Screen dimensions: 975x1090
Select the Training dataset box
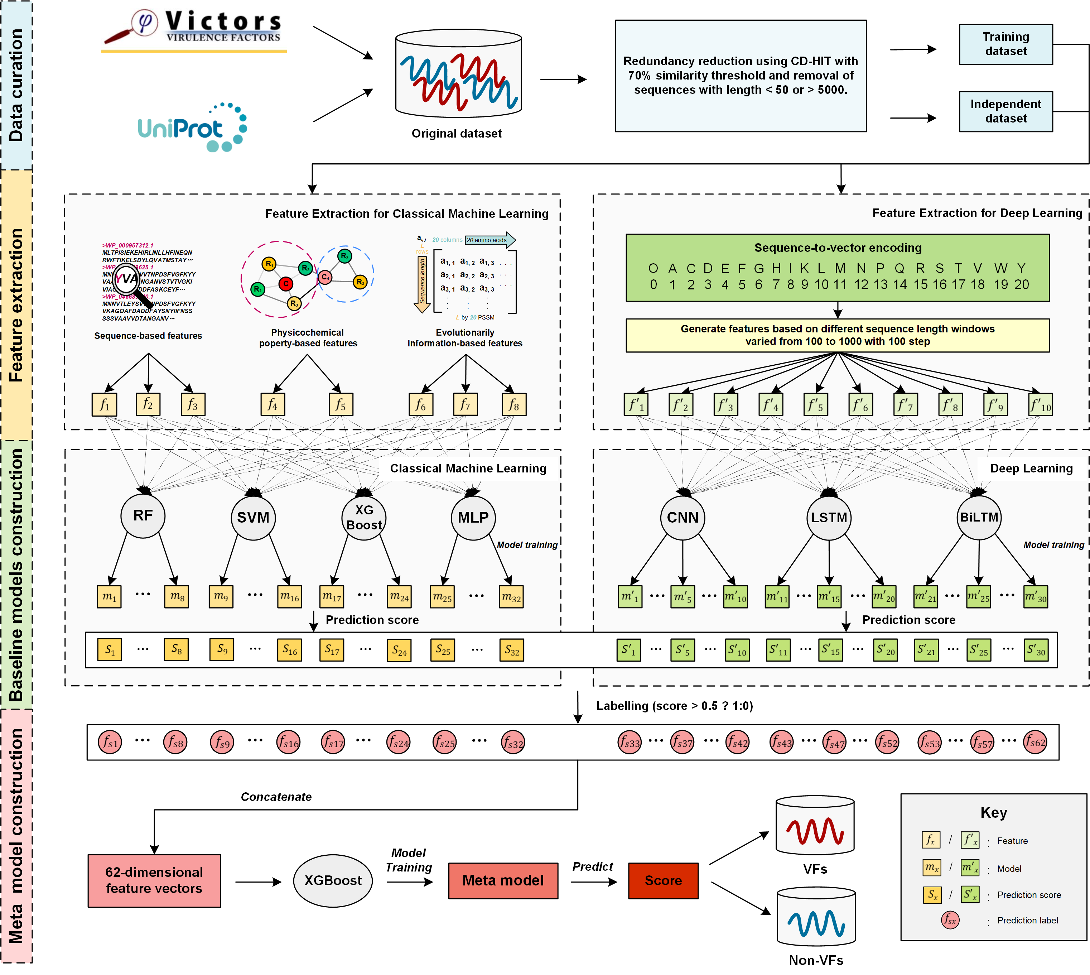1005,44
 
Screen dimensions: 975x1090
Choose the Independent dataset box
1005,111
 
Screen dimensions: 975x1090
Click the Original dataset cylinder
458,74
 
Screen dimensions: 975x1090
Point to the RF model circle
143,515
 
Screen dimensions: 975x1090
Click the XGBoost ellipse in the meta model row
333,880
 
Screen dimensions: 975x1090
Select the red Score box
663,880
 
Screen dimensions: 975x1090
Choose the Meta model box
503,880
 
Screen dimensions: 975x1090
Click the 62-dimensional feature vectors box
154,880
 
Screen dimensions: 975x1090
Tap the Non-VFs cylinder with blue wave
816,917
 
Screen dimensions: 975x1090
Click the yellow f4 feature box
272,404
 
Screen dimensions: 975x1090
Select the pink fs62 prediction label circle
1035,742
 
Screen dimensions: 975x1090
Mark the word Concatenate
276,797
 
